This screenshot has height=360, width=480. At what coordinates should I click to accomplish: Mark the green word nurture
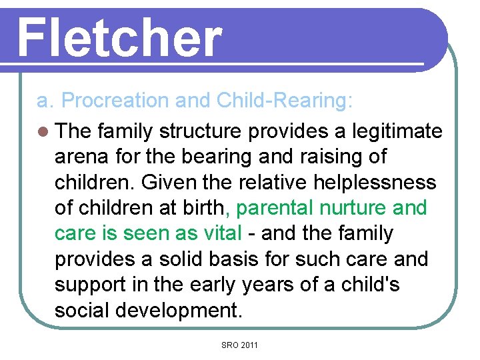tap(353, 208)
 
